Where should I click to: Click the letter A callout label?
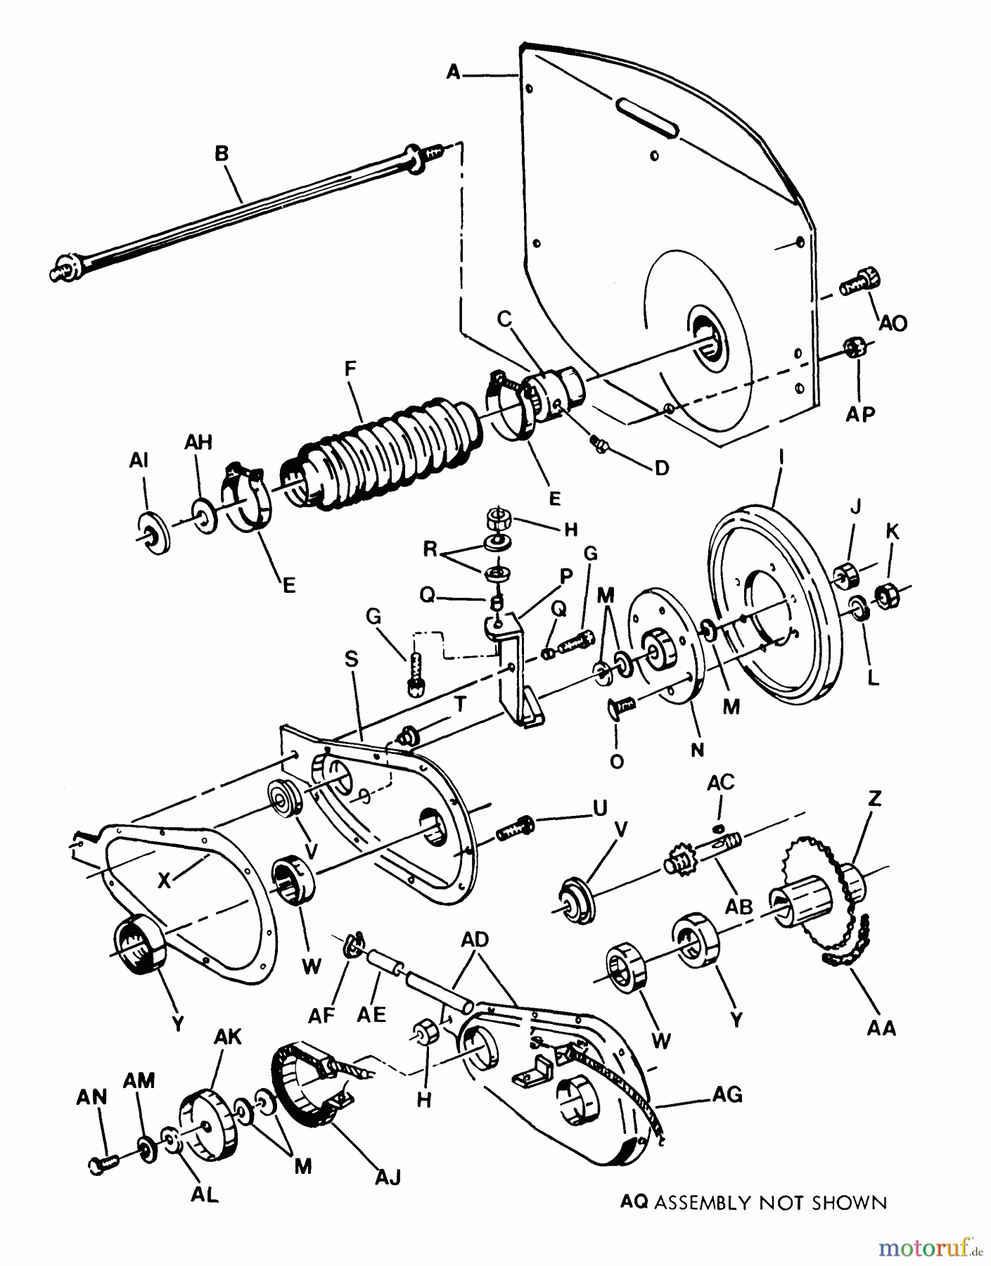pos(454,72)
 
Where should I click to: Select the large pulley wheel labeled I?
pos(774,619)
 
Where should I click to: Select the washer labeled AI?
pos(151,535)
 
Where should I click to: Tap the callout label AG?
pos(727,1094)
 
